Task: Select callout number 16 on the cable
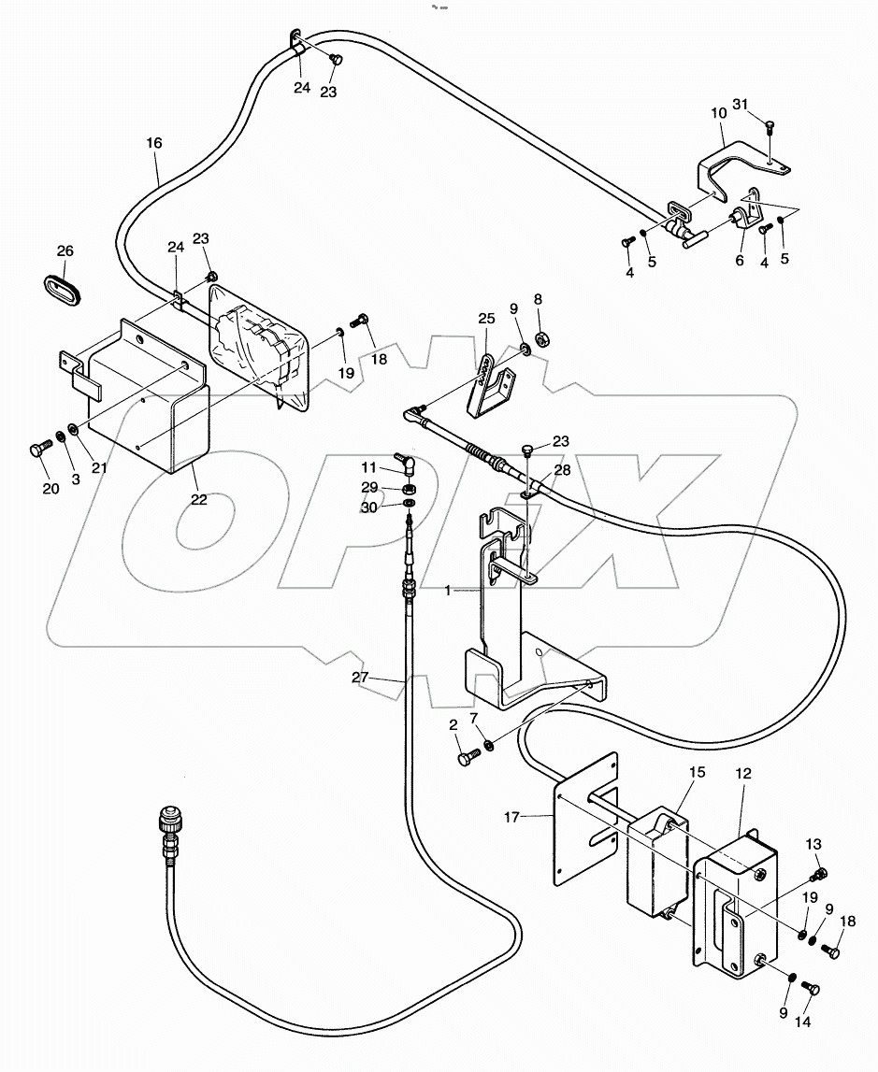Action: click(154, 143)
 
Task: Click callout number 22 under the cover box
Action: click(198, 499)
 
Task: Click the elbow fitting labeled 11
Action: click(407, 462)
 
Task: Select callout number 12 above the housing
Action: click(742, 773)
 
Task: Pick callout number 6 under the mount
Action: click(739, 261)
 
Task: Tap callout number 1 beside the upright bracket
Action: click(449, 590)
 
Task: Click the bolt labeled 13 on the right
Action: click(822, 875)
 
